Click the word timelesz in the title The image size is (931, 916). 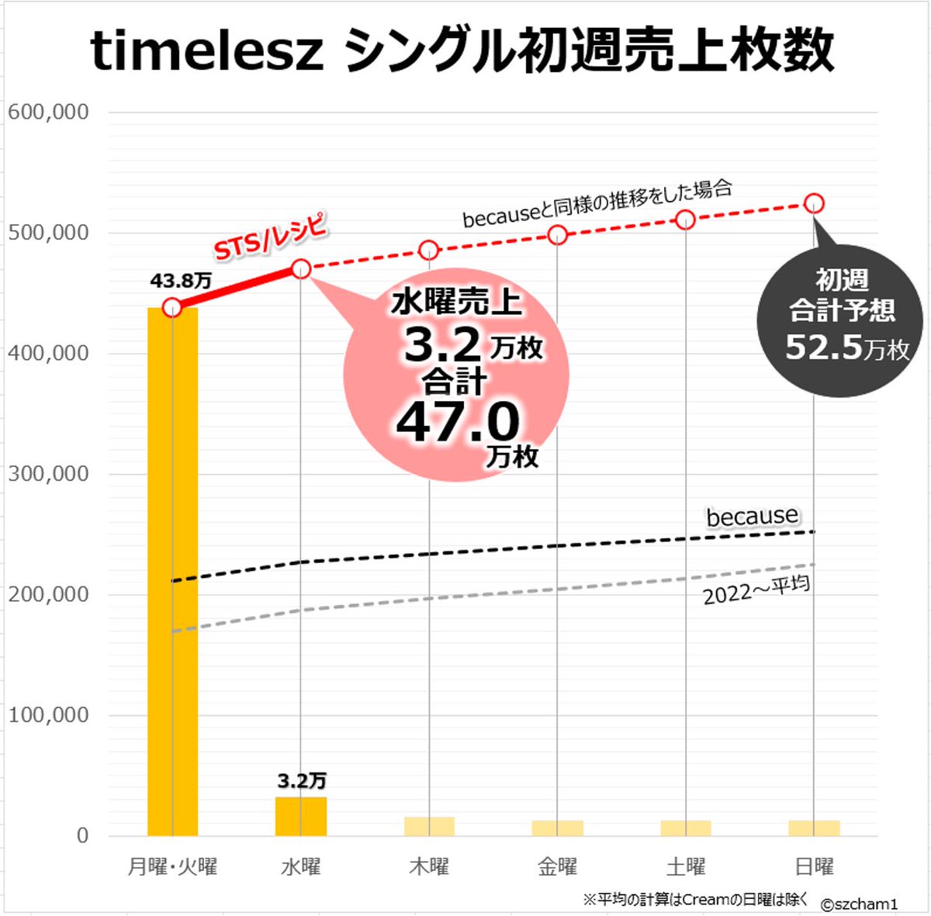point(206,51)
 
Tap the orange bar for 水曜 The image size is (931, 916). point(301,816)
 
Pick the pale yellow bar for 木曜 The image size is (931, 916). point(429,826)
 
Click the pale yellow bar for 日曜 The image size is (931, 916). point(814,828)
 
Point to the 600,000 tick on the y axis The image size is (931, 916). point(48,112)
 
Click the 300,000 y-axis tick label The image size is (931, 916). point(48,474)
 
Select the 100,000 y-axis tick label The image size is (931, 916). point(48,715)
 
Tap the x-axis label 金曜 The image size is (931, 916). point(557,866)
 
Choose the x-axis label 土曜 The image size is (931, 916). point(686,866)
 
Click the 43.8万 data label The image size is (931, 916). point(180,281)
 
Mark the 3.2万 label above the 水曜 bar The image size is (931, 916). point(302,780)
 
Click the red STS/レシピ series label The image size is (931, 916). point(270,236)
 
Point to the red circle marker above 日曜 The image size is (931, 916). point(814,203)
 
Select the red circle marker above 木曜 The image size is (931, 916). point(429,251)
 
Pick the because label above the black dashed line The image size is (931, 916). point(752,516)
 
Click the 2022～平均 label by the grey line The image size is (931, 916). point(756,589)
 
